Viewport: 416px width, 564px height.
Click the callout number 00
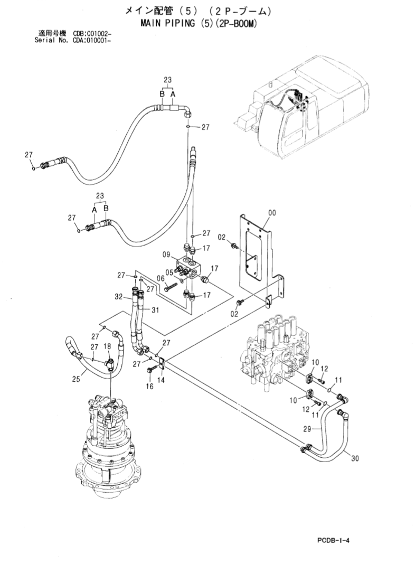click(272, 213)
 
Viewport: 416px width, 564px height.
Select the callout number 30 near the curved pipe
click(355, 458)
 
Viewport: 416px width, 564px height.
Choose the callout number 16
click(149, 387)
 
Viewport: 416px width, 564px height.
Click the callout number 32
click(119, 297)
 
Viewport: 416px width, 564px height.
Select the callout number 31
click(154, 310)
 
